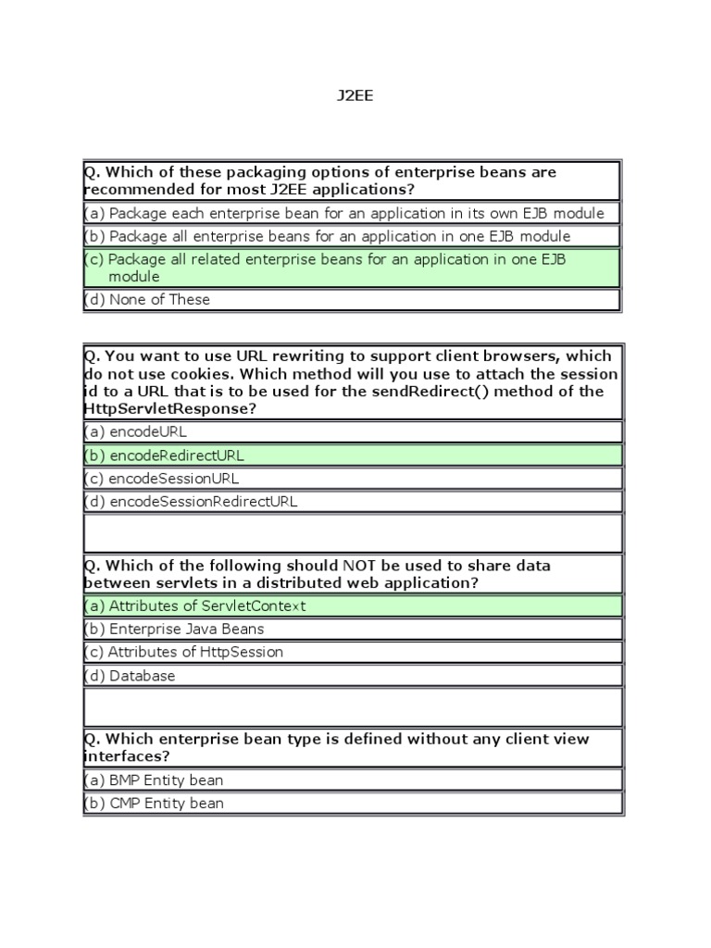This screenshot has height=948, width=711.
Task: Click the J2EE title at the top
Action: [x=355, y=95]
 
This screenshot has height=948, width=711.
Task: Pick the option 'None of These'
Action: [x=159, y=299]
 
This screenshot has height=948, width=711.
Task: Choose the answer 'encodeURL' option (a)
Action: [x=148, y=431]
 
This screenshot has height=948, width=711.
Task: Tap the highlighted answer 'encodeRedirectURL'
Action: [x=177, y=455]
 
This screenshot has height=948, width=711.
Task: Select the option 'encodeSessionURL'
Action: [x=173, y=479]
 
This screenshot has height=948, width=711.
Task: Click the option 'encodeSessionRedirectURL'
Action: [x=203, y=502]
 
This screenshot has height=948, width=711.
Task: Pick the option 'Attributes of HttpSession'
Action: [x=195, y=652]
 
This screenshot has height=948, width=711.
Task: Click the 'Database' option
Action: [x=142, y=676]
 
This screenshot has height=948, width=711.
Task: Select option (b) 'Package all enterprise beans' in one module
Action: [x=340, y=236]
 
